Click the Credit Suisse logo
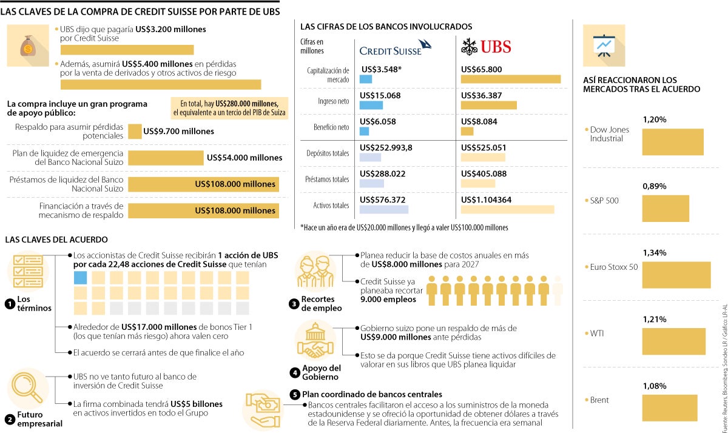(395, 49)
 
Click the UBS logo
(486, 47)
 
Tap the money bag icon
(28, 46)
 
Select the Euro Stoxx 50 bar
(676, 275)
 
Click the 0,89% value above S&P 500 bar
(654, 186)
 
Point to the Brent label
(599, 400)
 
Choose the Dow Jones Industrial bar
(672, 142)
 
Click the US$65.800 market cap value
(482, 69)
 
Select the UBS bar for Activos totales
(507, 210)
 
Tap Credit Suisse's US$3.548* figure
(381, 69)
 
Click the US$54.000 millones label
(244, 158)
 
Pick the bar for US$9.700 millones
(135, 131)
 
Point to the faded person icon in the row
(558, 290)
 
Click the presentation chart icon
(604, 45)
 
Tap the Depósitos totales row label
(328, 153)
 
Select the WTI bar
(673, 341)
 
